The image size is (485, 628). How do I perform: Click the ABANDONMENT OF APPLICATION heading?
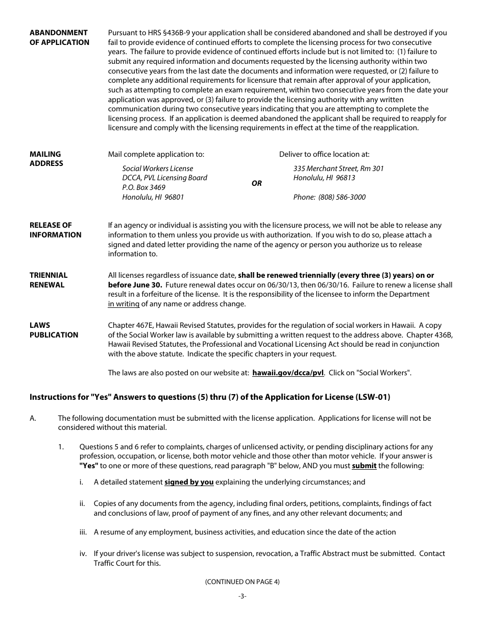tap(59, 37)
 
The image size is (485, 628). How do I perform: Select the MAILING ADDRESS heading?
tap(46, 159)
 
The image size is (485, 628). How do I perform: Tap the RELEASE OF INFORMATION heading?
tap(55, 230)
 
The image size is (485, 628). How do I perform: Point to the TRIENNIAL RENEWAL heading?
tap(48, 280)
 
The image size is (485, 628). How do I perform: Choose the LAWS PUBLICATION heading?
tap(54, 330)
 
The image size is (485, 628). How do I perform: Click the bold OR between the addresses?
tap(256, 183)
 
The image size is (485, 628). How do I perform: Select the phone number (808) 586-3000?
tap(342, 197)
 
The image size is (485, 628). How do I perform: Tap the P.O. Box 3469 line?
tap(143, 187)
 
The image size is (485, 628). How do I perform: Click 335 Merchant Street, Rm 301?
tap(338, 168)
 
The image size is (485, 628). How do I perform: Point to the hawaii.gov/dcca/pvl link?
tap(288, 373)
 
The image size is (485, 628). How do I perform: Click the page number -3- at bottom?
tap(242, 596)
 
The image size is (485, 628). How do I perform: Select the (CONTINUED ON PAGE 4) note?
tap(242, 582)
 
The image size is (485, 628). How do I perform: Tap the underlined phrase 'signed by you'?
tap(188, 482)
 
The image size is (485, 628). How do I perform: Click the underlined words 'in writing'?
tap(124, 304)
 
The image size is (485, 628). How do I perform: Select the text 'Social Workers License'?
tap(157, 168)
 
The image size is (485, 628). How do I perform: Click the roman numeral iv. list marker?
tap(83, 553)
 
